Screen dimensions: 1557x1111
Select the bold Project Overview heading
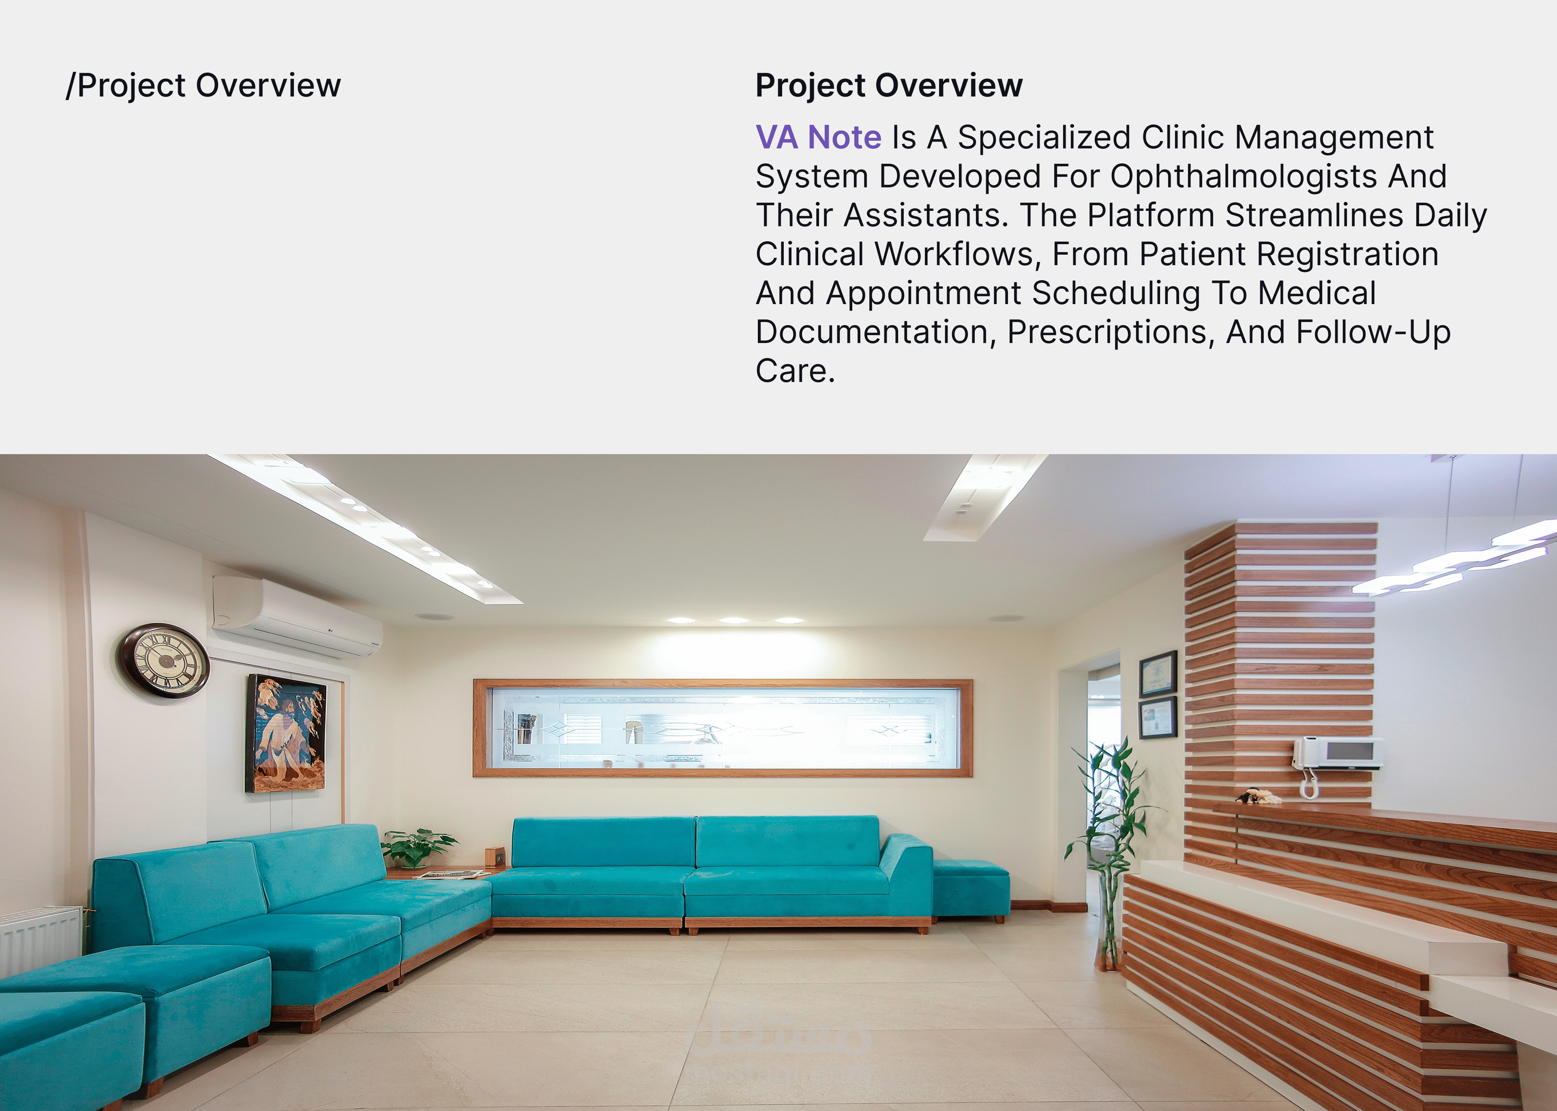(889, 86)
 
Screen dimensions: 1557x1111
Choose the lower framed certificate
(1158, 718)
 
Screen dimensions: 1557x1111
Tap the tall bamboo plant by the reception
(1108, 848)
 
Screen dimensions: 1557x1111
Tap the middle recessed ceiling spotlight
(733, 620)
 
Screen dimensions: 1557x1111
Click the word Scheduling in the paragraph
(1116, 294)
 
